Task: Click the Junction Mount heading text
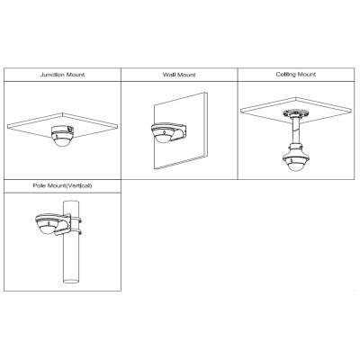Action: click(x=62, y=75)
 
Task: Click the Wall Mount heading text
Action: click(x=179, y=75)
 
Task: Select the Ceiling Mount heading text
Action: click(x=296, y=74)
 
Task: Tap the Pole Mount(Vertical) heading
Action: click(x=62, y=185)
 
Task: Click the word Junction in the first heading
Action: click(x=52, y=75)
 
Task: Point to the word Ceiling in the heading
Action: click(x=286, y=74)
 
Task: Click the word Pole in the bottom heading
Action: click(x=39, y=185)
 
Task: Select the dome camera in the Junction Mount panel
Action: click(x=62, y=136)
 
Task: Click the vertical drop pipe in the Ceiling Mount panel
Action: click(x=295, y=130)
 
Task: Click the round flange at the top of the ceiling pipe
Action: click(x=295, y=113)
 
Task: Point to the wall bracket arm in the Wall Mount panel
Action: click(x=180, y=130)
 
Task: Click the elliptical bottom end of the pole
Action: click(x=71, y=282)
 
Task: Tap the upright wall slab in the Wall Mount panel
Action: click(x=181, y=131)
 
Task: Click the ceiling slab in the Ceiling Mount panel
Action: click(x=295, y=109)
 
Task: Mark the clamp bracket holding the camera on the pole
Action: click(x=70, y=224)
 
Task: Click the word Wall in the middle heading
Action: click(x=169, y=75)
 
